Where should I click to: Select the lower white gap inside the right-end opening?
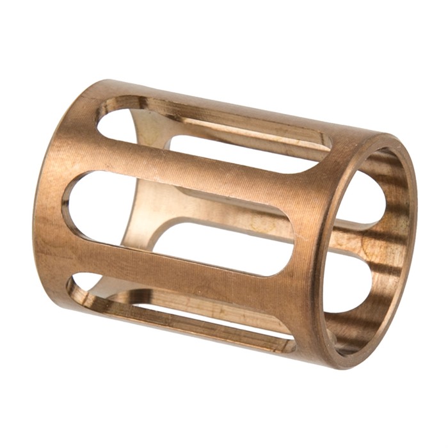349,282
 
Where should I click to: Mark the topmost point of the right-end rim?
390,136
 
